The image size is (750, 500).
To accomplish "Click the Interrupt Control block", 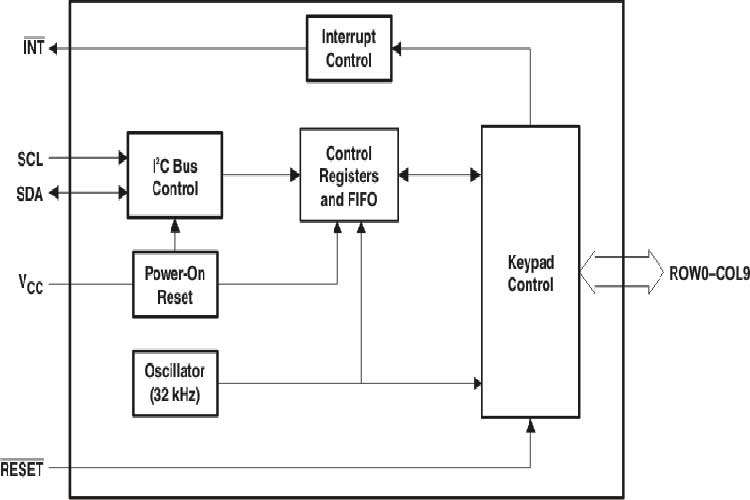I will [347, 48].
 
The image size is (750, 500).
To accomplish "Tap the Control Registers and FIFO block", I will [349, 175].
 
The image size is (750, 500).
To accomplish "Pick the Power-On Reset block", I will [175, 284].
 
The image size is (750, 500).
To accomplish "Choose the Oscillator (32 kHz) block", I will [175, 381].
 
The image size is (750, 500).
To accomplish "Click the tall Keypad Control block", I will [530, 271].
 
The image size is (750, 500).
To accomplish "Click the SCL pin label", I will [30, 158].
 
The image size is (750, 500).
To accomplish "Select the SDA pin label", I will [30, 193].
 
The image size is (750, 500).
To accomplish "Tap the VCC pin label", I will [30, 285].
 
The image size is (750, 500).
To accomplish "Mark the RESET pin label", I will [22, 469].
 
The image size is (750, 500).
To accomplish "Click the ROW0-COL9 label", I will [703, 272].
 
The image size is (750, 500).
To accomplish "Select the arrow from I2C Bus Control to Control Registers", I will [260, 175].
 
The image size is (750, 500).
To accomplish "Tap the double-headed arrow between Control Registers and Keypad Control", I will [440, 175].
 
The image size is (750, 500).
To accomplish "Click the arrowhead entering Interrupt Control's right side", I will [396, 47].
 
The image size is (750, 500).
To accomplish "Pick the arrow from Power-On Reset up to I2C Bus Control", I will [175, 235].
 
